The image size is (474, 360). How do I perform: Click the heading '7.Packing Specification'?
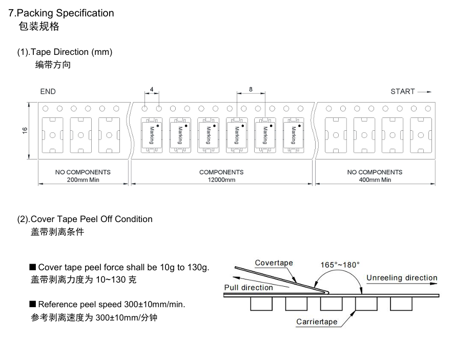(61, 13)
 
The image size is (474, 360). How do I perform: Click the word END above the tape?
(48, 91)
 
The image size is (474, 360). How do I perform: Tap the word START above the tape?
(402, 91)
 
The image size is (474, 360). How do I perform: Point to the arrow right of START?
(424, 92)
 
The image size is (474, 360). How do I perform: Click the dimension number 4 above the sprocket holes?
(152, 89)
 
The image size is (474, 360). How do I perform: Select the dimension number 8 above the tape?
(251, 89)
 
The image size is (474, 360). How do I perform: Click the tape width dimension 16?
(25, 131)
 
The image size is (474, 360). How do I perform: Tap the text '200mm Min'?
(83, 179)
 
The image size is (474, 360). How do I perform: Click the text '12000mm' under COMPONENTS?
(221, 179)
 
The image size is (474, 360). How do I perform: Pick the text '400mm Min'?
(375, 179)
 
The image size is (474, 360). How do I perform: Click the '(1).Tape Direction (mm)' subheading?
(65, 52)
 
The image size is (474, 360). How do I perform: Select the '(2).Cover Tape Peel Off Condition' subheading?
(85, 219)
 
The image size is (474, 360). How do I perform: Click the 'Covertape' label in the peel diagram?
(274, 263)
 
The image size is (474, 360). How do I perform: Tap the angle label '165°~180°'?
(340, 265)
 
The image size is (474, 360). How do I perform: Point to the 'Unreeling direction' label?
(402, 278)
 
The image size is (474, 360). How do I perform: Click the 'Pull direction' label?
(249, 287)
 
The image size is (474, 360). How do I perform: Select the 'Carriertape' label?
(317, 322)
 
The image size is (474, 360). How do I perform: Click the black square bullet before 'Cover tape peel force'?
(33, 267)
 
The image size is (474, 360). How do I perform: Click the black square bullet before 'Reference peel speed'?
(33, 304)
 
